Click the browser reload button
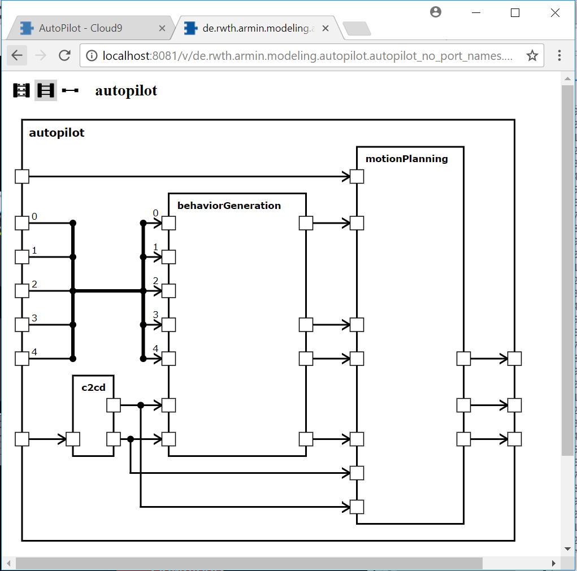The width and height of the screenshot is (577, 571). point(65,55)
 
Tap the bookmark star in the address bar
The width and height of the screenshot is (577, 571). point(532,55)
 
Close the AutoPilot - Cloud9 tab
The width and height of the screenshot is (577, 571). point(162,28)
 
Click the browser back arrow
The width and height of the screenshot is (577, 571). point(17,55)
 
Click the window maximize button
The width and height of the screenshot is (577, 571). point(515,13)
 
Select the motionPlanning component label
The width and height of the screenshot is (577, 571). point(407,159)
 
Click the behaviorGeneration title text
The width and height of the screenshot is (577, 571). point(229,206)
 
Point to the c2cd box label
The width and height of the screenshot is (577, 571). point(93,387)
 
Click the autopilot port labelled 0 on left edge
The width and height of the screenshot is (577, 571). point(22,223)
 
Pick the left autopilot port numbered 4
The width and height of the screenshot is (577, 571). point(22,359)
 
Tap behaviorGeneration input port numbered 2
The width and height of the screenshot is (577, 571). point(168,291)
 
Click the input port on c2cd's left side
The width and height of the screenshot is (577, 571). point(73,439)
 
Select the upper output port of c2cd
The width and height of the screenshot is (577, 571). point(114,405)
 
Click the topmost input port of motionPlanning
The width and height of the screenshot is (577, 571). point(357,176)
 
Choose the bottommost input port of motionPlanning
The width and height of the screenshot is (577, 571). point(357,507)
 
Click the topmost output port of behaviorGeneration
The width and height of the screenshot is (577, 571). point(306,223)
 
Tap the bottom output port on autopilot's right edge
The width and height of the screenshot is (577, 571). point(514,439)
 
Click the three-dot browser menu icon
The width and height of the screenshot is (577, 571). point(559,55)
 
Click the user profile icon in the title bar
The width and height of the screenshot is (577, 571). point(436,12)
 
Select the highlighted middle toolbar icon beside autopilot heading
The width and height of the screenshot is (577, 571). point(46,90)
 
